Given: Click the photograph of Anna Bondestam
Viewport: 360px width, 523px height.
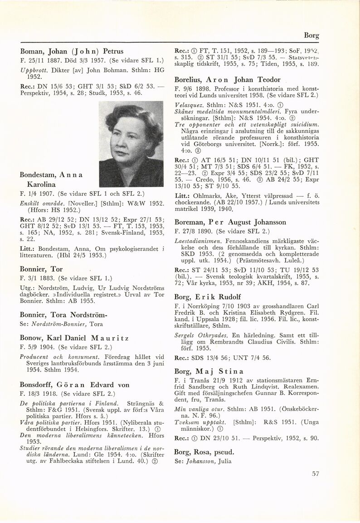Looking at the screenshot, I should click(131, 144).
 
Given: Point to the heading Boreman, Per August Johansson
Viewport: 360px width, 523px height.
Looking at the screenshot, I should click(230, 222).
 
